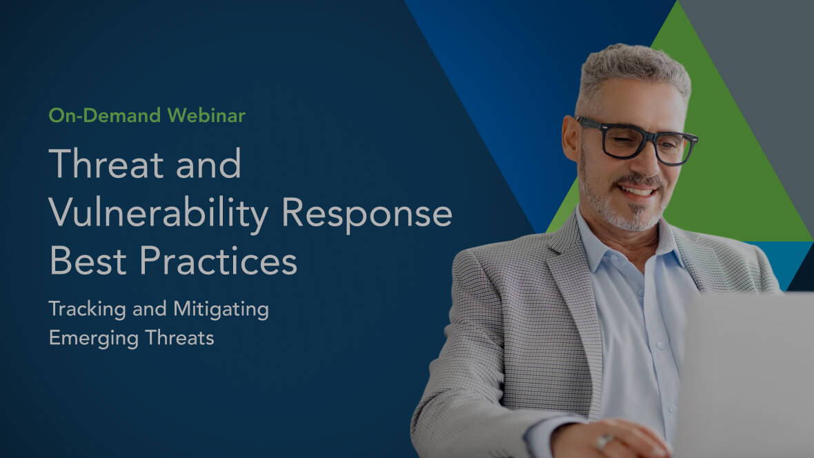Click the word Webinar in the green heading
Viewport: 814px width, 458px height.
(x=206, y=115)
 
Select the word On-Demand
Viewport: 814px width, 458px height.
(x=104, y=115)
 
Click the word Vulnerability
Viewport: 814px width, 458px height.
(x=159, y=213)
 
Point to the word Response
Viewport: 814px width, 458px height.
(x=366, y=214)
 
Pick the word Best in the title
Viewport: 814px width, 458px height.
(x=88, y=261)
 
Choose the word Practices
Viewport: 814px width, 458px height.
(x=218, y=261)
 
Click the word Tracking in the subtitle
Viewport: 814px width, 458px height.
(x=87, y=310)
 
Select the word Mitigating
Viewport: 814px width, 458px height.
(x=221, y=310)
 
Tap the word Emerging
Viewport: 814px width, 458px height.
(x=93, y=339)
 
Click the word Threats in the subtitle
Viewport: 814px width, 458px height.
(x=179, y=338)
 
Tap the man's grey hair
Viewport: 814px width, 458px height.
(x=633, y=70)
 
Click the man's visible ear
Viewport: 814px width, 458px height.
(x=570, y=138)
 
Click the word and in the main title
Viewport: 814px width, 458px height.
(x=208, y=163)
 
